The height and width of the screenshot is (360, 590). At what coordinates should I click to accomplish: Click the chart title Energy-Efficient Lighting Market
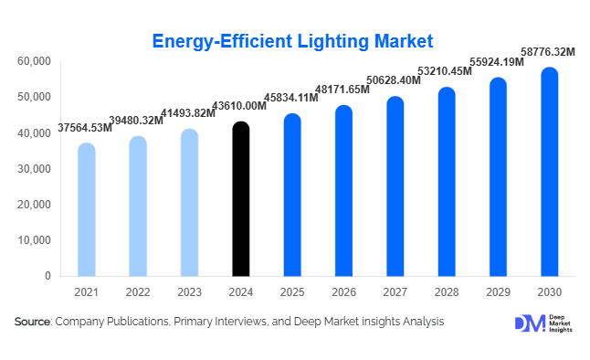click(291, 41)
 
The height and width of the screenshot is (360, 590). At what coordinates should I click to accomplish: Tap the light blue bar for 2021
click(86, 209)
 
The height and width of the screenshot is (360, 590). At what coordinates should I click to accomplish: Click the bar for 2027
click(395, 186)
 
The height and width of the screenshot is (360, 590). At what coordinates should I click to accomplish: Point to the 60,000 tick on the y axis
click(34, 61)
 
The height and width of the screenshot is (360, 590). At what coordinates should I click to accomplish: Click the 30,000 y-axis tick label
click(34, 169)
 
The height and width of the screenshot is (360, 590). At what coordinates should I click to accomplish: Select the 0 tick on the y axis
click(47, 276)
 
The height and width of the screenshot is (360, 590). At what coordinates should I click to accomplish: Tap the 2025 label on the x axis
click(291, 292)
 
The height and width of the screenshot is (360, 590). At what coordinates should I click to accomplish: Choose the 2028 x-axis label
click(446, 292)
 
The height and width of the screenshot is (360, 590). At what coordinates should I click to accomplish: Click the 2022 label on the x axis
click(137, 292)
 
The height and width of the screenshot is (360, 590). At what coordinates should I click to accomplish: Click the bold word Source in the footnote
click(32, 322)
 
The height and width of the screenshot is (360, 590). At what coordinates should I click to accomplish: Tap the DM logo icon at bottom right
click(529, 323)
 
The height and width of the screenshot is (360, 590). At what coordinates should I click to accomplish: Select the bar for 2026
click(343, 191)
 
